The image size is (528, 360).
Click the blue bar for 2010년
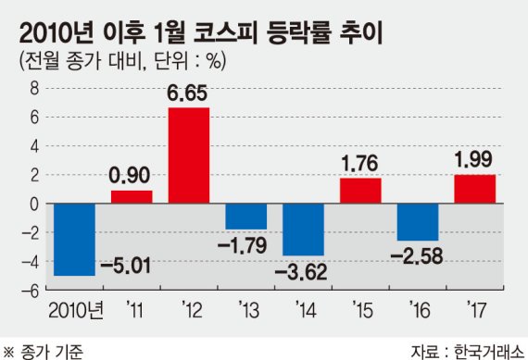[x=74, y=240]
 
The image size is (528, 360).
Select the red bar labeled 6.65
[x=188, y=155]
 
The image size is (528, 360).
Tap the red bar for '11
[x=131, y=196]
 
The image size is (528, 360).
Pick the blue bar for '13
[x=245, y=216]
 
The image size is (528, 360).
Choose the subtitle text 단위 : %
[x=190, y=61]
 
